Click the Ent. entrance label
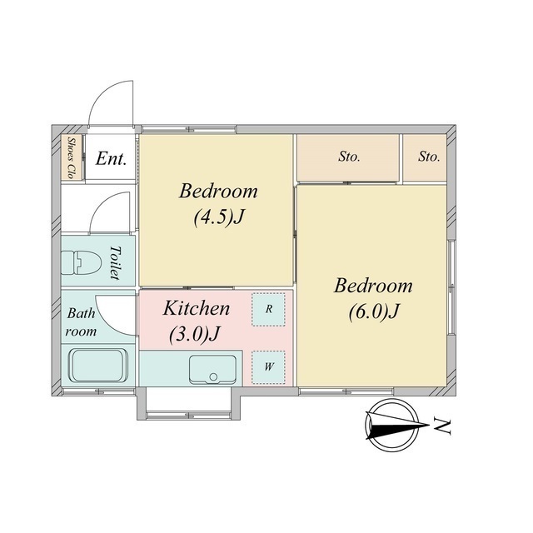(111, 158)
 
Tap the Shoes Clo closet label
(71, 157)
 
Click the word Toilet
(116, 263)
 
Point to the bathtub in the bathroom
(98, 366)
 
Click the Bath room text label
(81, 322)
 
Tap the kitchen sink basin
(213, 370)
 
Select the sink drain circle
(213, 376)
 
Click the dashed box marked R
(268, 310)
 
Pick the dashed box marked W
(268, 367)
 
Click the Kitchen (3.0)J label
(197, 321)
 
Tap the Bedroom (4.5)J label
(218, 204)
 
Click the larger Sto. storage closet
(348, 157)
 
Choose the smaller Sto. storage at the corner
(425, 157)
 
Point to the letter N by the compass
(442, 427)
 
